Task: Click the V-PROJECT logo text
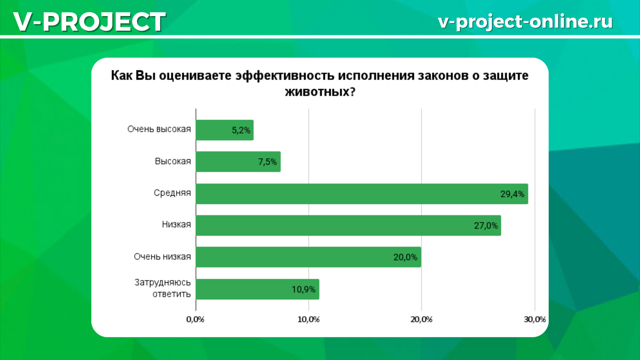coord(90,22)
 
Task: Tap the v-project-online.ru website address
coord(525,21)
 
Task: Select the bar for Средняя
coord(362,194)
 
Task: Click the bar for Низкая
coord(349,226)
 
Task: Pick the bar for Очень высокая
coord(225,130)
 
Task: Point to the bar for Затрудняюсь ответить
coord(258,289)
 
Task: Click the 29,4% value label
coord(513,194)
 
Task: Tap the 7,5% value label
coord(267,162)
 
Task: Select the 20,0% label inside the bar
coord(405,258)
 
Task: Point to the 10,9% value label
coord(303,290)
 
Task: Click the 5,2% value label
coord(241,130)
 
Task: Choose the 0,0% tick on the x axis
coord(195,319)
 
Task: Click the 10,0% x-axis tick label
coord(309,319)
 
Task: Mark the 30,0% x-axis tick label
coord(535,319)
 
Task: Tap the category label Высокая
coord(173,161)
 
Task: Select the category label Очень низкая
coord(162,257)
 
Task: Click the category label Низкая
coord(177,225)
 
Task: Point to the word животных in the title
coord(321,92)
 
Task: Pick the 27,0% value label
coord(486,226)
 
